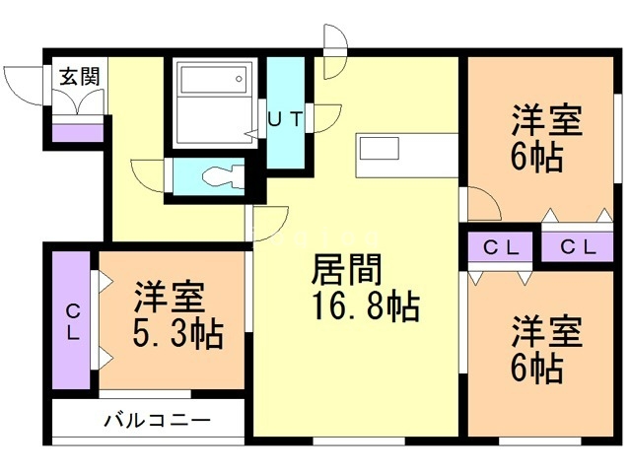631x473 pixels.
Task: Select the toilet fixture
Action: [x=218, y=177]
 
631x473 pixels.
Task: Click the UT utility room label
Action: [x=286, y=119]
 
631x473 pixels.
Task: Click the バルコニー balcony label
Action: [x=158, y=421]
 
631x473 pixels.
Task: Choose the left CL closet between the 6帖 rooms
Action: [x=500, y=247]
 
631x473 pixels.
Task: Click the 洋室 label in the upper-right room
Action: [x=545, y=122]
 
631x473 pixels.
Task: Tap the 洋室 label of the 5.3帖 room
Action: [x=169, y=296]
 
